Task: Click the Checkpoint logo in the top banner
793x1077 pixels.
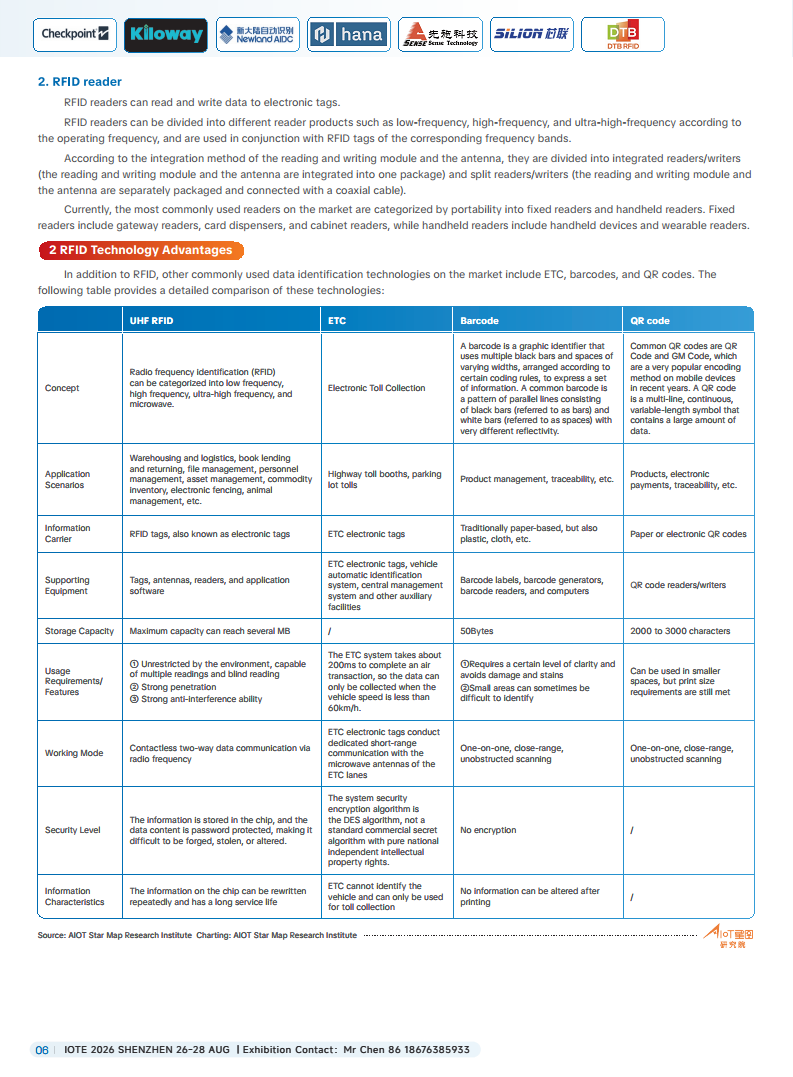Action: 75,34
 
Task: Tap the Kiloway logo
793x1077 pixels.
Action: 166,35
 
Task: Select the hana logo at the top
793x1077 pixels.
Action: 348,35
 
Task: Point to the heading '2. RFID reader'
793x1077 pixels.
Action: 80,82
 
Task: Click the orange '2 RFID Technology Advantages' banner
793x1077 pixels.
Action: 140,250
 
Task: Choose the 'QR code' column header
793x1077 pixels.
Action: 650,321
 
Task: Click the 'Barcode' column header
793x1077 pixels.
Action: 479,321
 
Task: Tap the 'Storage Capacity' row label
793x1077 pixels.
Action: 79,631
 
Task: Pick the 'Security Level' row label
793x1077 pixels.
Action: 73,830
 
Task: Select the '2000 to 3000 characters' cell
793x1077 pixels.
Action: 680,631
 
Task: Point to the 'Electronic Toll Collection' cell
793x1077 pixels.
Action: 376,388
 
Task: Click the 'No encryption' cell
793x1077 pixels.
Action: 488,830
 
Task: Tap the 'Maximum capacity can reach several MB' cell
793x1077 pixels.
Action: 210,631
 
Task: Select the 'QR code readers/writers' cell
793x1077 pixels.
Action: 678,585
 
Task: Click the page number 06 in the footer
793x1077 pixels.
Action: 42,1050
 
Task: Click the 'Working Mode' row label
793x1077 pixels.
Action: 74,753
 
